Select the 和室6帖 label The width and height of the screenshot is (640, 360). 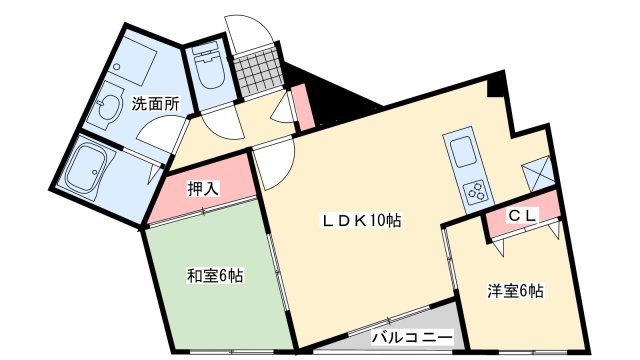214,276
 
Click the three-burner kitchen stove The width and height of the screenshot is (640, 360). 473,189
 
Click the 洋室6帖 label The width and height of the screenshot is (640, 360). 515,292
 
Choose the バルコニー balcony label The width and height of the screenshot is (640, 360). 412,337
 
